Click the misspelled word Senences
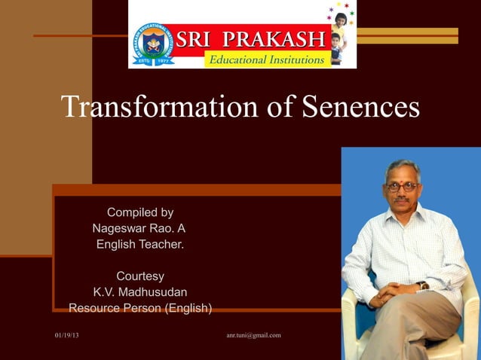(360, 107)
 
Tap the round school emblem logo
(153, 43)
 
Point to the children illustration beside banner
(339, 34)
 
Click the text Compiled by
(140, 212)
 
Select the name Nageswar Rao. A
(139, 228)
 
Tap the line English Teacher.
(140, 244)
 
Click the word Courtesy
(140, 276)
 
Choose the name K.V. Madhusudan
(140, 291)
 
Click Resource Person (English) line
(140, 308)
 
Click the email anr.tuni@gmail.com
(253, 335)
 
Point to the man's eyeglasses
(402, 186)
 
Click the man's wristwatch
(424, 285)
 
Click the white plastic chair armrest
(351, 301)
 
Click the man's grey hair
(402, 166)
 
